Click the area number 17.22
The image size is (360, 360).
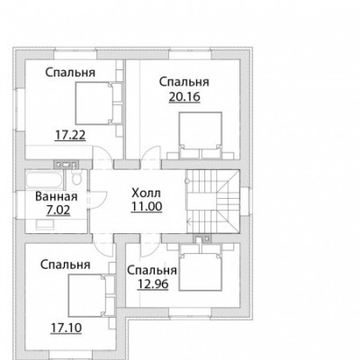point(70,135)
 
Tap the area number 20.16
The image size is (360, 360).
point(184,97)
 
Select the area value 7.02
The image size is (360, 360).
point(58,210)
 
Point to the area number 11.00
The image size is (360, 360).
point(147,206)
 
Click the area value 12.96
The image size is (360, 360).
point(153,283)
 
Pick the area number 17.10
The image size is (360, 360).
point(66,328)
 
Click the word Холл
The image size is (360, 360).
point(147,193)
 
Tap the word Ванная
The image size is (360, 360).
point(57,197)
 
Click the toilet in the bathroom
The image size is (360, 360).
point(76,177)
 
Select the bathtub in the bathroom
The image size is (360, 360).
point(44,180)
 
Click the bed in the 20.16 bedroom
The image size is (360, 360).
point(201,135)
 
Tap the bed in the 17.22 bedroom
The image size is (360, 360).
point(99,103)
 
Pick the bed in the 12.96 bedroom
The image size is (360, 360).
point(201,267)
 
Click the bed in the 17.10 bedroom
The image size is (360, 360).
point(91,295)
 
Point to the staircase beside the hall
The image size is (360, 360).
point(213,202)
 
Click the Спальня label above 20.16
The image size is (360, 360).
point(184,82)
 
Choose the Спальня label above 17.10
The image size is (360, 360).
point(66,265)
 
